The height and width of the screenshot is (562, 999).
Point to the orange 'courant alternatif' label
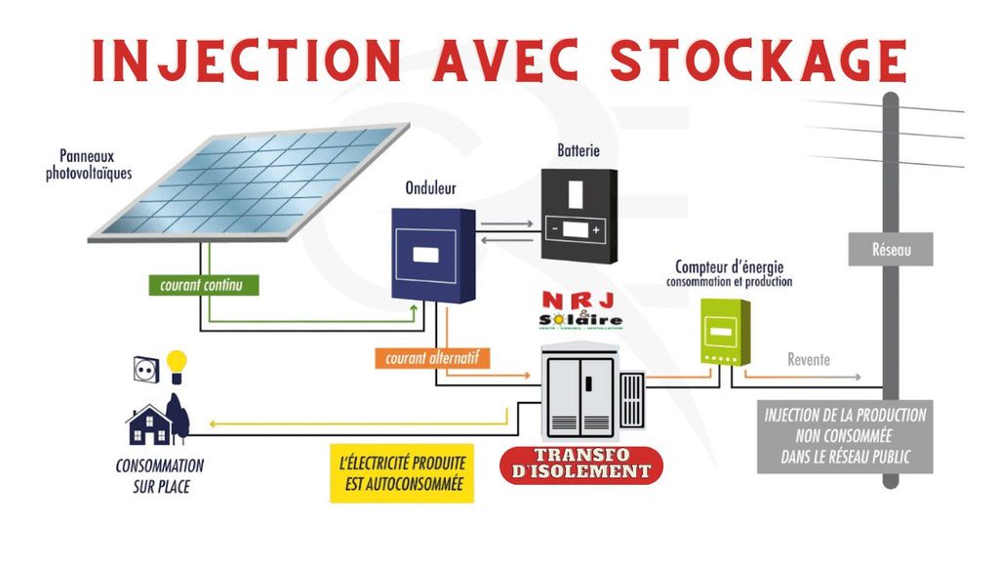point(430,358)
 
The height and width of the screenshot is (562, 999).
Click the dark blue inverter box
point(433,254)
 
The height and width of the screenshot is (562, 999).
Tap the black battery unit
point(579,214)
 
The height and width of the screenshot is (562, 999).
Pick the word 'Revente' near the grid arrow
point(809,360)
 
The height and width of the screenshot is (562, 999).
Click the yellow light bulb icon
point(176,365)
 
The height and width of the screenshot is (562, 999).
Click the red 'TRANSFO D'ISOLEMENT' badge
point(580,463)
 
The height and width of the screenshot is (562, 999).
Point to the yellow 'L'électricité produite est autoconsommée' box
point(401,473)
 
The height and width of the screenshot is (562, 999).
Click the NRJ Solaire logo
point(580,310)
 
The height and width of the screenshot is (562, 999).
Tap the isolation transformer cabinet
point(582,396)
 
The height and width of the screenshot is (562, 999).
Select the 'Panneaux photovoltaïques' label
point(89,164)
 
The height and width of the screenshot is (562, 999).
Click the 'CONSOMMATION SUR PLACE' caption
point(160,475)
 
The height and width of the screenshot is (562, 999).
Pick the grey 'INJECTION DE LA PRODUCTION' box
point(845,436)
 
